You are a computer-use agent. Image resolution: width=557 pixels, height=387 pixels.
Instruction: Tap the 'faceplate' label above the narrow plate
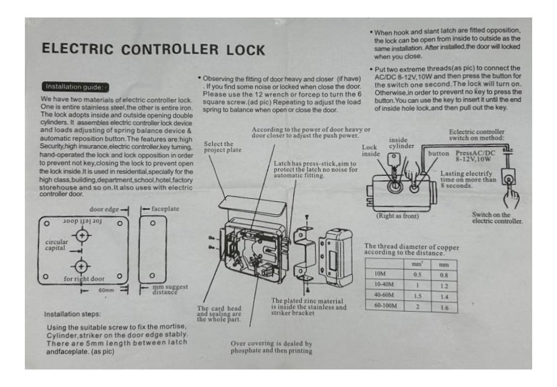[x=163, y=209]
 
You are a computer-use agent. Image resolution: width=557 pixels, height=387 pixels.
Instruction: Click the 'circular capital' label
[x=57, y=245]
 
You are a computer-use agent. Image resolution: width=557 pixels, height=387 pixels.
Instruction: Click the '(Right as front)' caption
[x=397, y=216]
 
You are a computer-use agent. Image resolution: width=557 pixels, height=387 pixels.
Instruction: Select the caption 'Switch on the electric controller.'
[x=496, y=218]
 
